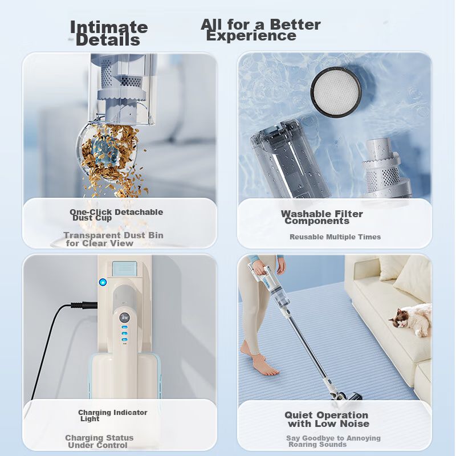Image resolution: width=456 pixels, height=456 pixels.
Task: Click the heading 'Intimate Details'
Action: coord(109,33)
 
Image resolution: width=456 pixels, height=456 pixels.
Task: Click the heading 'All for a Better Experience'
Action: coord(260,30)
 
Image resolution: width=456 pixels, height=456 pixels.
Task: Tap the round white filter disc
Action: coord(336,92)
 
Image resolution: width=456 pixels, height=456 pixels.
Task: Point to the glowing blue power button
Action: coord(103,282)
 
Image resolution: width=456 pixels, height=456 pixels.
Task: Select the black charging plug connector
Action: coord(84,306)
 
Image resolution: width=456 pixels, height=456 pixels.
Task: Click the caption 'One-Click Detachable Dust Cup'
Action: coord(116,215)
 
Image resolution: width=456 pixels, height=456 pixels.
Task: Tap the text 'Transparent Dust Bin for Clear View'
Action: coord(113,239)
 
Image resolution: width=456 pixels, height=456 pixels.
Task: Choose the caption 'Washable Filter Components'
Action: coord(322,217)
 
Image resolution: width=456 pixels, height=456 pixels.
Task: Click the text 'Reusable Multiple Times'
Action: coord(335,237)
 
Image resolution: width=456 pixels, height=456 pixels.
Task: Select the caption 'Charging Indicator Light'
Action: coord(112,416)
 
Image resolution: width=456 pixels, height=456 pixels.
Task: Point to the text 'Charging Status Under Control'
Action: coord(99,441)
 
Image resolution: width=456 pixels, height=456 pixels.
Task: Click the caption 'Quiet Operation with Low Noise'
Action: coord(327,419)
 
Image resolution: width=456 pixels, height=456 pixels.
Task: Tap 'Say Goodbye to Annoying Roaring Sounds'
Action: coord(333,441)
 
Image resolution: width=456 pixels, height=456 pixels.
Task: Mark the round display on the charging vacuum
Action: coord(124,317)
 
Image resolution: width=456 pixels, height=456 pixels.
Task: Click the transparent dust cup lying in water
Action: coord(291,161)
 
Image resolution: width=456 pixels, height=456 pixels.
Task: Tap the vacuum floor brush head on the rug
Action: coord(346,396)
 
